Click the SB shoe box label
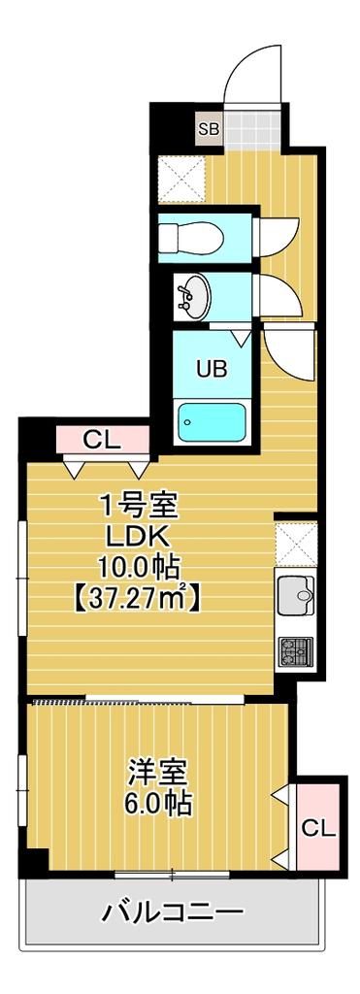click(209, 127)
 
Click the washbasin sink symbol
click(193, 295)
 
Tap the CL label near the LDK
click(101, 440)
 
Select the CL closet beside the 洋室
click(318, 827)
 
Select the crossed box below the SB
click(182, 178)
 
